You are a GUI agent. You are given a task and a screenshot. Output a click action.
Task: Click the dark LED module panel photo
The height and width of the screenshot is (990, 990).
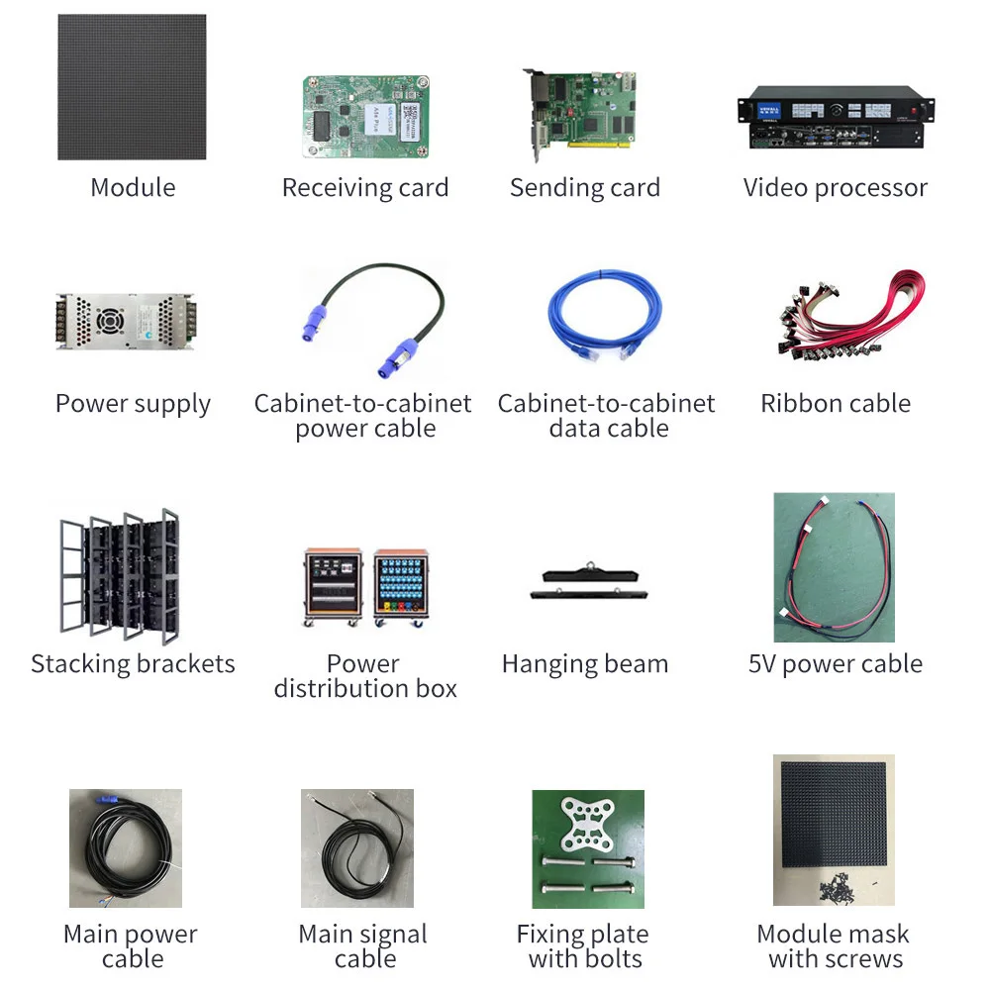click(x=132, y=87)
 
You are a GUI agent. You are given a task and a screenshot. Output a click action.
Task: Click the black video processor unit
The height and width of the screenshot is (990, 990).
click(x=836, y=118)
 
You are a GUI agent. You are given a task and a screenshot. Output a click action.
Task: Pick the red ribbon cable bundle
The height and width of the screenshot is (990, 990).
click(x=849, y=315)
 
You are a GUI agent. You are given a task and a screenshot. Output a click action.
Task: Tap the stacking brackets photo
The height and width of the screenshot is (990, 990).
click(x=119, y=574)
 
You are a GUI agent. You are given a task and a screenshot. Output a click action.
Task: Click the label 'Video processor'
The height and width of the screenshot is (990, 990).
click(x=836, y=188)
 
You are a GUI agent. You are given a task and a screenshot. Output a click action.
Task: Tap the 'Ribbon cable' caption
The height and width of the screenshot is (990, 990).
click(x=836, y=404)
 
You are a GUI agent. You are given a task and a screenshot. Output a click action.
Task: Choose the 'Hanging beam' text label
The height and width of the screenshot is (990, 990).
click(x=585, y=664)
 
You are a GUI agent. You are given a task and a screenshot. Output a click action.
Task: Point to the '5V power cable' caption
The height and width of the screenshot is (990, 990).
click(x=836, y=664)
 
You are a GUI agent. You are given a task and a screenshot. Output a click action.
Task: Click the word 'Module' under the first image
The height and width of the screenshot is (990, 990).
click(x=133, y=188)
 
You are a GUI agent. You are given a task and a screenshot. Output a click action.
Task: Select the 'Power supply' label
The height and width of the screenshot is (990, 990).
click(x=133, y=404)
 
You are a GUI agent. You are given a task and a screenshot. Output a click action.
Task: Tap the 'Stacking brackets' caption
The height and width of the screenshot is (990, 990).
click(x=133, y=664)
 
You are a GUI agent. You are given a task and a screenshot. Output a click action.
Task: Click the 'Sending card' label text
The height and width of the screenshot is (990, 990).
click(x=585, y=188)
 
